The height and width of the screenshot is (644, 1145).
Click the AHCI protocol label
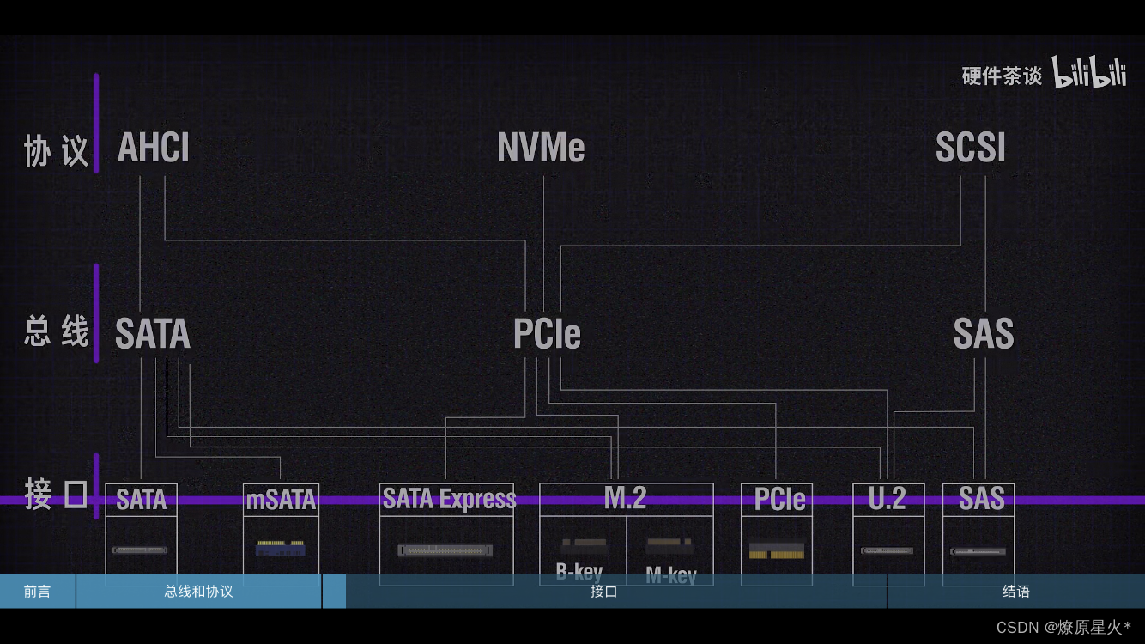pos(153,148)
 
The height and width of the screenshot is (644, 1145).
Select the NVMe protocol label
pos(541,148)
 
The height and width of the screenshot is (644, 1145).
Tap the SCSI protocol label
pos(970,148)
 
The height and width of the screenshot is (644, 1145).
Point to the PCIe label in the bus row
pos(547,334)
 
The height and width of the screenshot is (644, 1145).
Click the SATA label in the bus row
pos(152,334)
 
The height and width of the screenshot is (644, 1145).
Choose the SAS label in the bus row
pos(984,334)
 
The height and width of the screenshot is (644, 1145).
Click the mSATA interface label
pos(281,500)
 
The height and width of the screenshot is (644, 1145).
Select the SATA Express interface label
pos(449,499)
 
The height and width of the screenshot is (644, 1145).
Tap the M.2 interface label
pos(626,498)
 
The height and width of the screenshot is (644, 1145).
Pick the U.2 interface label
pos(888,499)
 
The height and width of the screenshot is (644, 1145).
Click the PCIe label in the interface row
pos(779,500)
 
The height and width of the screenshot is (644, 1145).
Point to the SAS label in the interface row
pos(981,499)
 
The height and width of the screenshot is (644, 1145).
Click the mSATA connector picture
pos(280,547)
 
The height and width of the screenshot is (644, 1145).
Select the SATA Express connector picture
pos(445,550)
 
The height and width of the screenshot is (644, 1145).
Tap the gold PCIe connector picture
pos(777,550)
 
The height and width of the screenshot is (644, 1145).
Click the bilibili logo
pos(1089,74)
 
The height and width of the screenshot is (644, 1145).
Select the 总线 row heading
pos(56,332)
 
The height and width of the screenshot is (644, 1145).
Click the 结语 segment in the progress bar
pos(1015,592)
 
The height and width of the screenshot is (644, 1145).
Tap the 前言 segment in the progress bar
pos(37,592)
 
